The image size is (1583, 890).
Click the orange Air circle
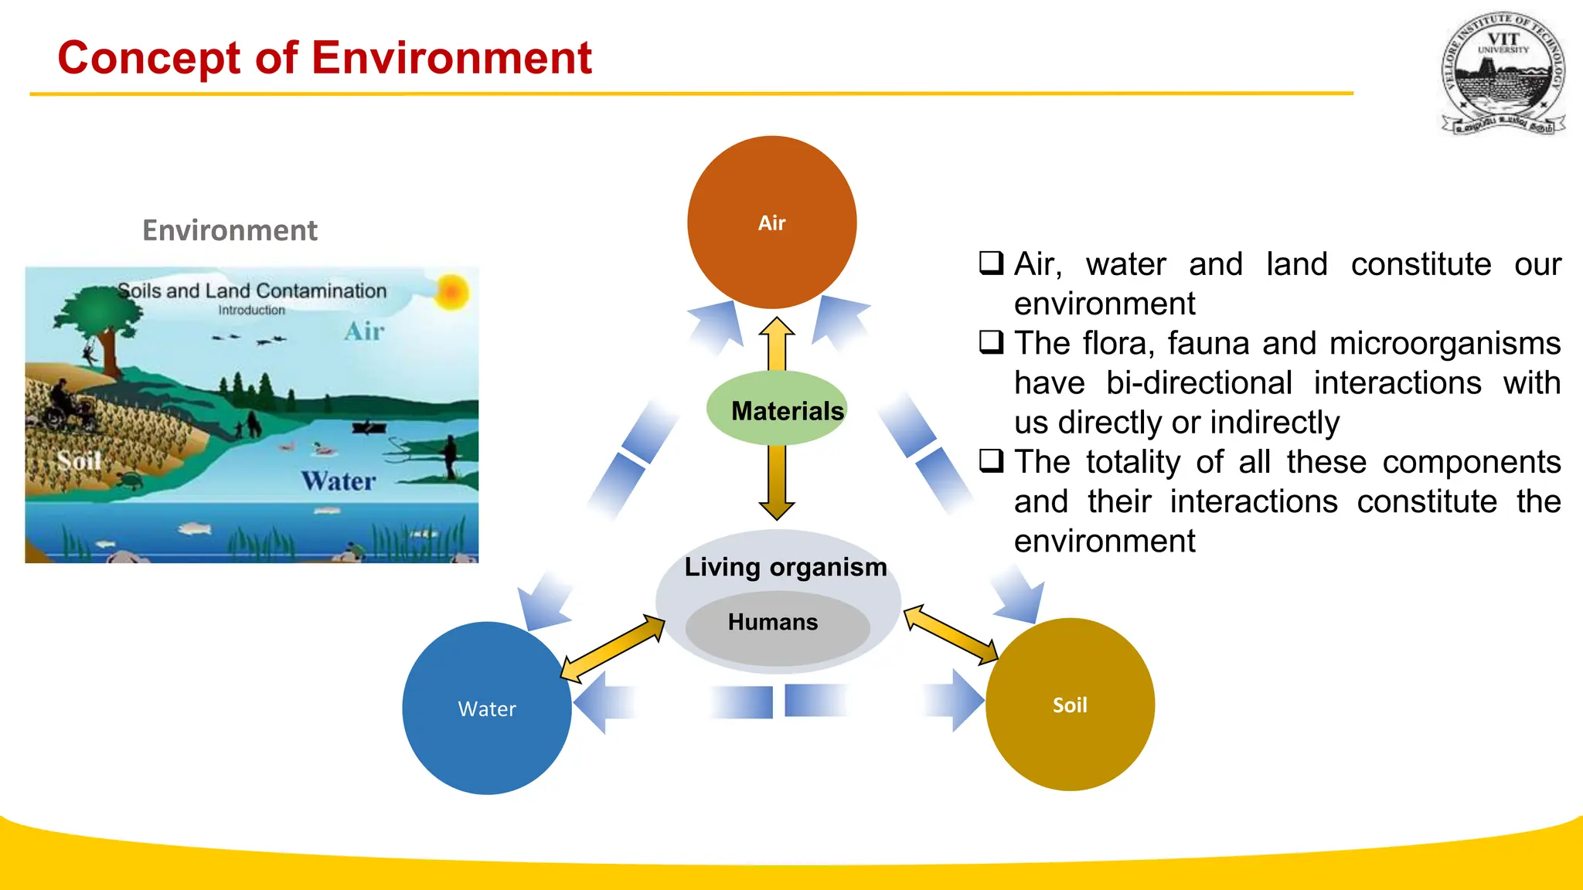pyautogui.click(x=771, y=222)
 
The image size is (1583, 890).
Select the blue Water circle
pyautogui.click(x=486, y=708)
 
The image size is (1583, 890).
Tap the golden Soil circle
pyautogui.click(x=1070, y=705)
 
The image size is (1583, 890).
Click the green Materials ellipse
pyautogui.click(x=776, y=409)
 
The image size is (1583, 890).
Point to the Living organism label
pyautogui.click(x=785, y=567)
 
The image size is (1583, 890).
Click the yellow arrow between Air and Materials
pyautogui.click(x=777, y=344)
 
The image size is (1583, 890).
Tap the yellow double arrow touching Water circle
pyautogui.click(x=612, y=647)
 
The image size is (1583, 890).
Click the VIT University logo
pyautogui.click(x=1503, y=74)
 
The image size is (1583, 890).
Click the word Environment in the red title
pyautogui.click(x=451, y=58)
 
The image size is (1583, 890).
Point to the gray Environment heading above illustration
pyautogui.click(x=230, y=230)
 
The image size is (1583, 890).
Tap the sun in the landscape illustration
pyautogui.click(x=451, y=293)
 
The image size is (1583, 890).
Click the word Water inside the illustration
pyautogui.click(x=338, y=481)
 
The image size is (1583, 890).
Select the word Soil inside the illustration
pyautogui.click(x=79, y=461)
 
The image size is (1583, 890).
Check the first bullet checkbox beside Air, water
pyautogui.click(x=991, y=263)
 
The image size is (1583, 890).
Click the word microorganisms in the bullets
pyautogui.click(x=1445, y=343)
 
